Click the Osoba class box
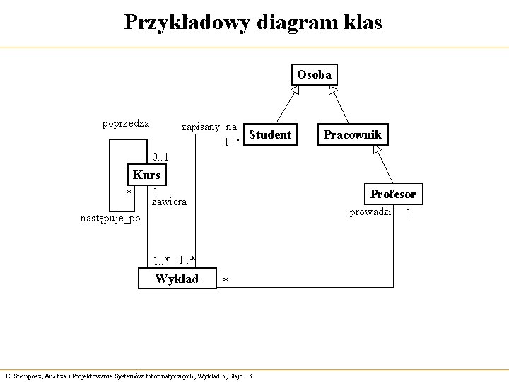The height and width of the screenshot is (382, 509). pos(314,75)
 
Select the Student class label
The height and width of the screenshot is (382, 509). pos(270,134)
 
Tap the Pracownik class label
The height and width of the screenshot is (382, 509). pos(352,134)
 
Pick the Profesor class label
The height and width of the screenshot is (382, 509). pos(393,194)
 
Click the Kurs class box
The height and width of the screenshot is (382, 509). pos(147,175)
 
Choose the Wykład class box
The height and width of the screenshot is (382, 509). pos(177,279)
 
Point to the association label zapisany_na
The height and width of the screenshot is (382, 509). pos(209,127)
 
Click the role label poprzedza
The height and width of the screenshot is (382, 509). pos(125,124)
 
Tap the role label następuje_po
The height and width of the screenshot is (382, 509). pos(110,218)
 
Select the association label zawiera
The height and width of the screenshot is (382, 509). pos(170,202)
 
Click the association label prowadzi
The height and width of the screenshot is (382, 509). pos(370,212)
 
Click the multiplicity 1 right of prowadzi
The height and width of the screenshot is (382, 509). pos(408,213)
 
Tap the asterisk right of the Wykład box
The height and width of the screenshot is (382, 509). pos(226,282)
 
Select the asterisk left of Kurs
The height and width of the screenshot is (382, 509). pos(129,193)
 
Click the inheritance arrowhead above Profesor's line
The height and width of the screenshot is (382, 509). pos(378,150)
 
